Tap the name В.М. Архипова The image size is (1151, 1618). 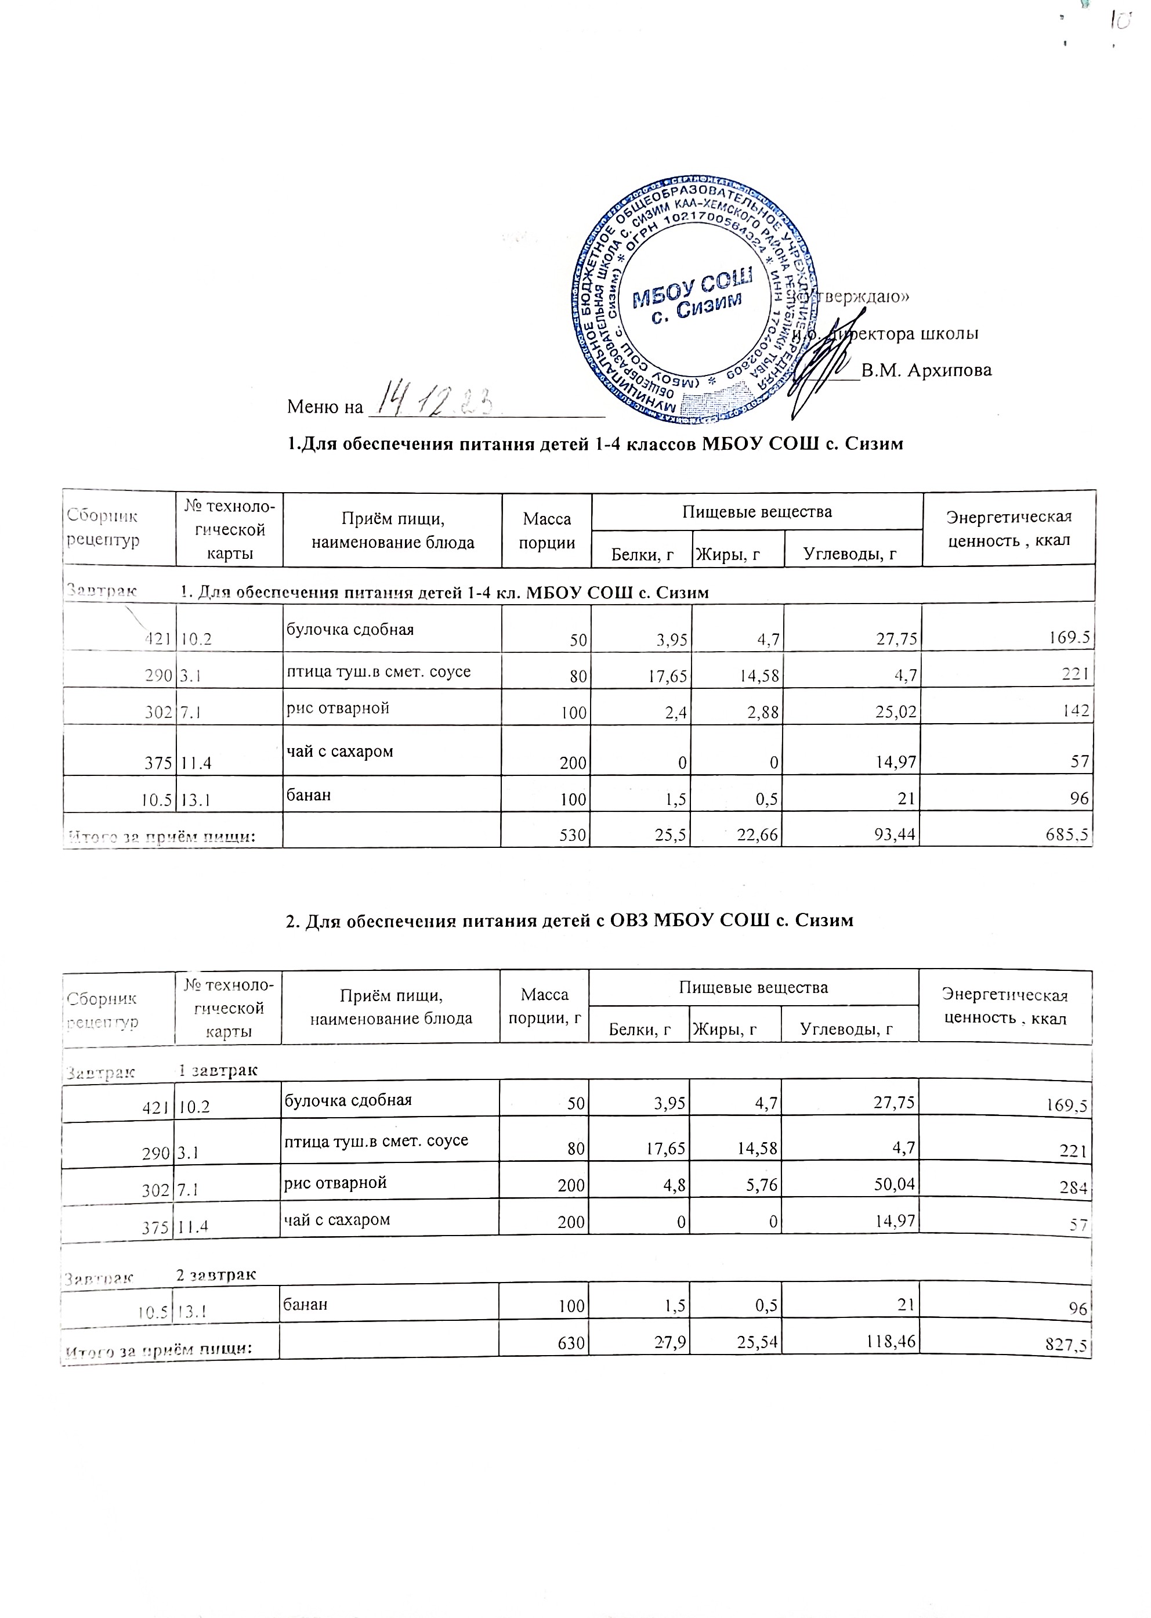(x=926, y=370)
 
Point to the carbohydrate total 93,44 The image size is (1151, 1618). (x=896, y=837)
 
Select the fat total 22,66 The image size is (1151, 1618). (x=757, y=837)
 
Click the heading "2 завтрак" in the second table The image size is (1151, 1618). (x=216, y=1274)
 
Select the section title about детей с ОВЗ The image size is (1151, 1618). (x=569, y=920)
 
